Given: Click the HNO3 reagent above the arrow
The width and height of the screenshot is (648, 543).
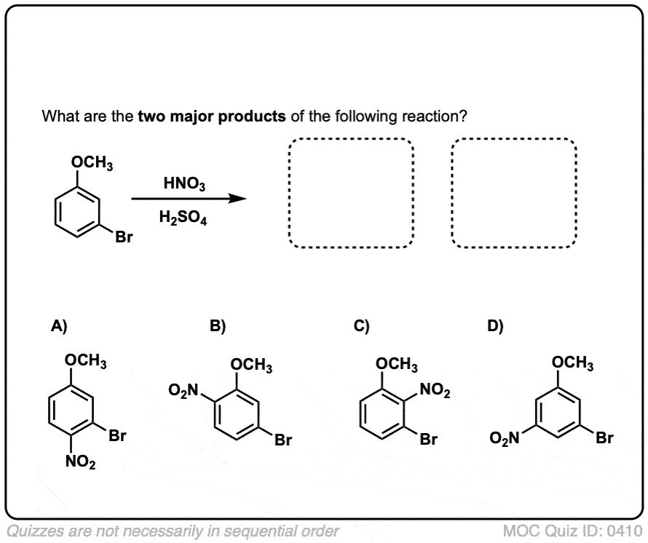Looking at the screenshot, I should pos(184,185).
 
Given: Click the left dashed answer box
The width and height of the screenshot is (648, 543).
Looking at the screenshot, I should pos(351,192).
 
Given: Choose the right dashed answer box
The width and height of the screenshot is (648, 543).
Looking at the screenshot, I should pos(513,192).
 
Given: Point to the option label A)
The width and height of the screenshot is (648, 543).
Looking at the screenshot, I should pos(58,326).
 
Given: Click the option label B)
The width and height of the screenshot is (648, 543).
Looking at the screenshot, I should pos(218,326).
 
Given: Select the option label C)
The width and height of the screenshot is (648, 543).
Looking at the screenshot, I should pos(362,326).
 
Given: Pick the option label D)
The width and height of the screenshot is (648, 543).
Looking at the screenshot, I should pos(496,326).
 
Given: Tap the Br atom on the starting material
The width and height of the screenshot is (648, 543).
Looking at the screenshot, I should pos(123,237).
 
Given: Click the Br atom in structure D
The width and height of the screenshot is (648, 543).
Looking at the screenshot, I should pos(604,438).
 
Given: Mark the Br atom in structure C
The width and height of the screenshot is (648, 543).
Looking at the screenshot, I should pos(429,440).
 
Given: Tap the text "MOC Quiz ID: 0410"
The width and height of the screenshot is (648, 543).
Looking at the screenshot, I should pos(573,531).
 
